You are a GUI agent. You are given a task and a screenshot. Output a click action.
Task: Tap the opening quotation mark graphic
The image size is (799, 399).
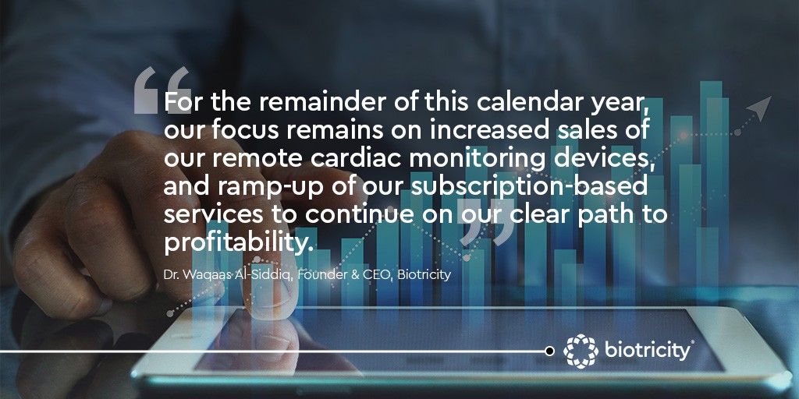tap(162, 90)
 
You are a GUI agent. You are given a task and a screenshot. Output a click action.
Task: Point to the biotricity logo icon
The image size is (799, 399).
tap(581, 351)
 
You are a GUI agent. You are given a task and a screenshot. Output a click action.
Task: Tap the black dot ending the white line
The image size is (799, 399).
tap(549, 351)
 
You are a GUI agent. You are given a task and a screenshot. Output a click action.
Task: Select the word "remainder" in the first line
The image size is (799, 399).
tap(312, 102)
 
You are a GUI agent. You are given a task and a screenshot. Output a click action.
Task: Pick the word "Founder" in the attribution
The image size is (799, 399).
tap(318, 275)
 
